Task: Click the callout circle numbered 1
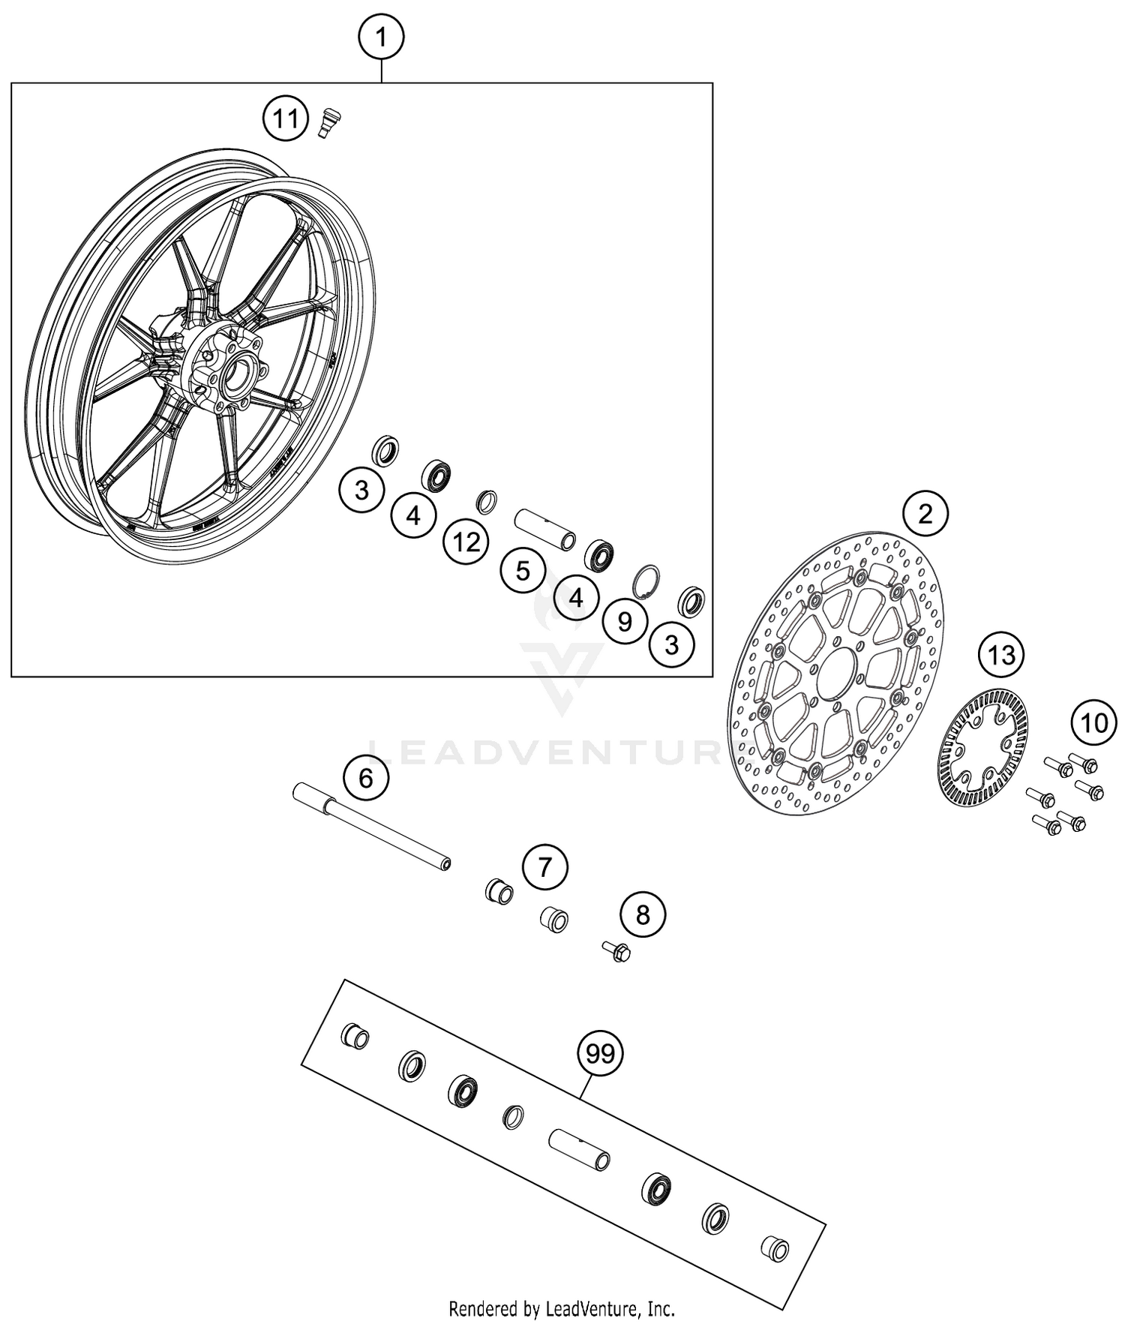point(381,37)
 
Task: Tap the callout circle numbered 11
point(285,119)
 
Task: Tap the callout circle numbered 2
point(925,514)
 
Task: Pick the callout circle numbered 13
point(1000,656)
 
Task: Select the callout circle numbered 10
point(1093,723)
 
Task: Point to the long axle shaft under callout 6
point(372,826)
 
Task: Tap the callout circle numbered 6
point(365,779)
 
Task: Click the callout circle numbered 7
point(544,868)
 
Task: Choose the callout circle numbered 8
point(643,914)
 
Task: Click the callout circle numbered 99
point(600,1054)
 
